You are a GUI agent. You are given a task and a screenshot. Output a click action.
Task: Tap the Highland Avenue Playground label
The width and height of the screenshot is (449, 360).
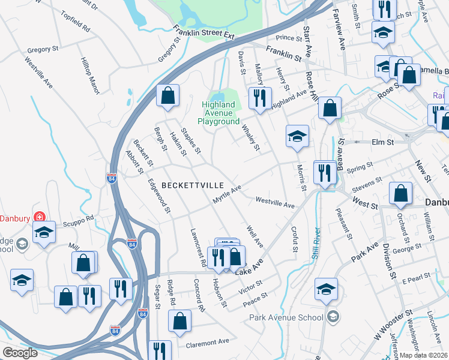click(219, 113)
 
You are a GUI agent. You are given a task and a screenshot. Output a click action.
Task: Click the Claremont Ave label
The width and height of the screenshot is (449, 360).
click(207, 341)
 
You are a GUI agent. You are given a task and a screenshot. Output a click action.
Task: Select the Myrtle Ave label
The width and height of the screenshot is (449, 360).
click(228, 195)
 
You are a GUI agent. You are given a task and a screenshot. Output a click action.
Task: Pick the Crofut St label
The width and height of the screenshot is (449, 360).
click(294, 238)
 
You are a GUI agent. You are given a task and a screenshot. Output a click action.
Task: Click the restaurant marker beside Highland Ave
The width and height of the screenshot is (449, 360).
click(260, 98)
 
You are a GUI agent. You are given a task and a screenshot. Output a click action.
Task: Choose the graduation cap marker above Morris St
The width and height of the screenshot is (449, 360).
click(297, 136)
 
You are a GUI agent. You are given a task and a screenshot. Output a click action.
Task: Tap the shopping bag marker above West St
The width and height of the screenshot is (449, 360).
click(400, 193)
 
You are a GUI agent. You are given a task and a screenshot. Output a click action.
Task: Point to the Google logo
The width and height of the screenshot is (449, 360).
click(20, 353)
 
